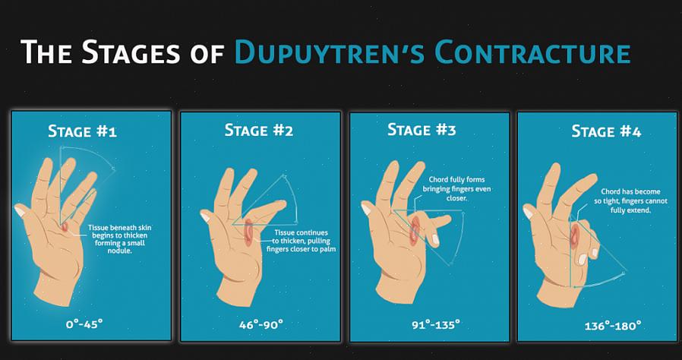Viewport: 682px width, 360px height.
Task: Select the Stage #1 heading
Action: coord(82,131)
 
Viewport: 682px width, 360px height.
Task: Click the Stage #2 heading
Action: coord(259,130)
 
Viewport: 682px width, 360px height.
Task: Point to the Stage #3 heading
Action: coord(422,130)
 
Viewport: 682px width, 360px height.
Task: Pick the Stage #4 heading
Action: coord(606,131)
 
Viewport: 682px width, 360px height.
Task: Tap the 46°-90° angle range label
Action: coord(261,324)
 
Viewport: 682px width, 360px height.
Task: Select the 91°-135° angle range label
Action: coord(436,324)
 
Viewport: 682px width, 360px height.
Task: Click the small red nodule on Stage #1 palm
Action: coord(65,227)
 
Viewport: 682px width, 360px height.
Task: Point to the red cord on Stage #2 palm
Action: coord(248,232)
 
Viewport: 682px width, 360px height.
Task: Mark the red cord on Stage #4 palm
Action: coord(575,236)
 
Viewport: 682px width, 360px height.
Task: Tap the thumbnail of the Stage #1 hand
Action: coord(19,211)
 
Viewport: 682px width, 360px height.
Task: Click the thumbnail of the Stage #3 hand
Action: coord(366,209)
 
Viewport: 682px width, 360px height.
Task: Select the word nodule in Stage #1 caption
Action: coord(120,251)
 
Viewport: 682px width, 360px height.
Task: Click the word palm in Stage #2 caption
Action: coord(327,249)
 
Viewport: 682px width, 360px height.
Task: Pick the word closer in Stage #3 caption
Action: coord(456,197)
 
